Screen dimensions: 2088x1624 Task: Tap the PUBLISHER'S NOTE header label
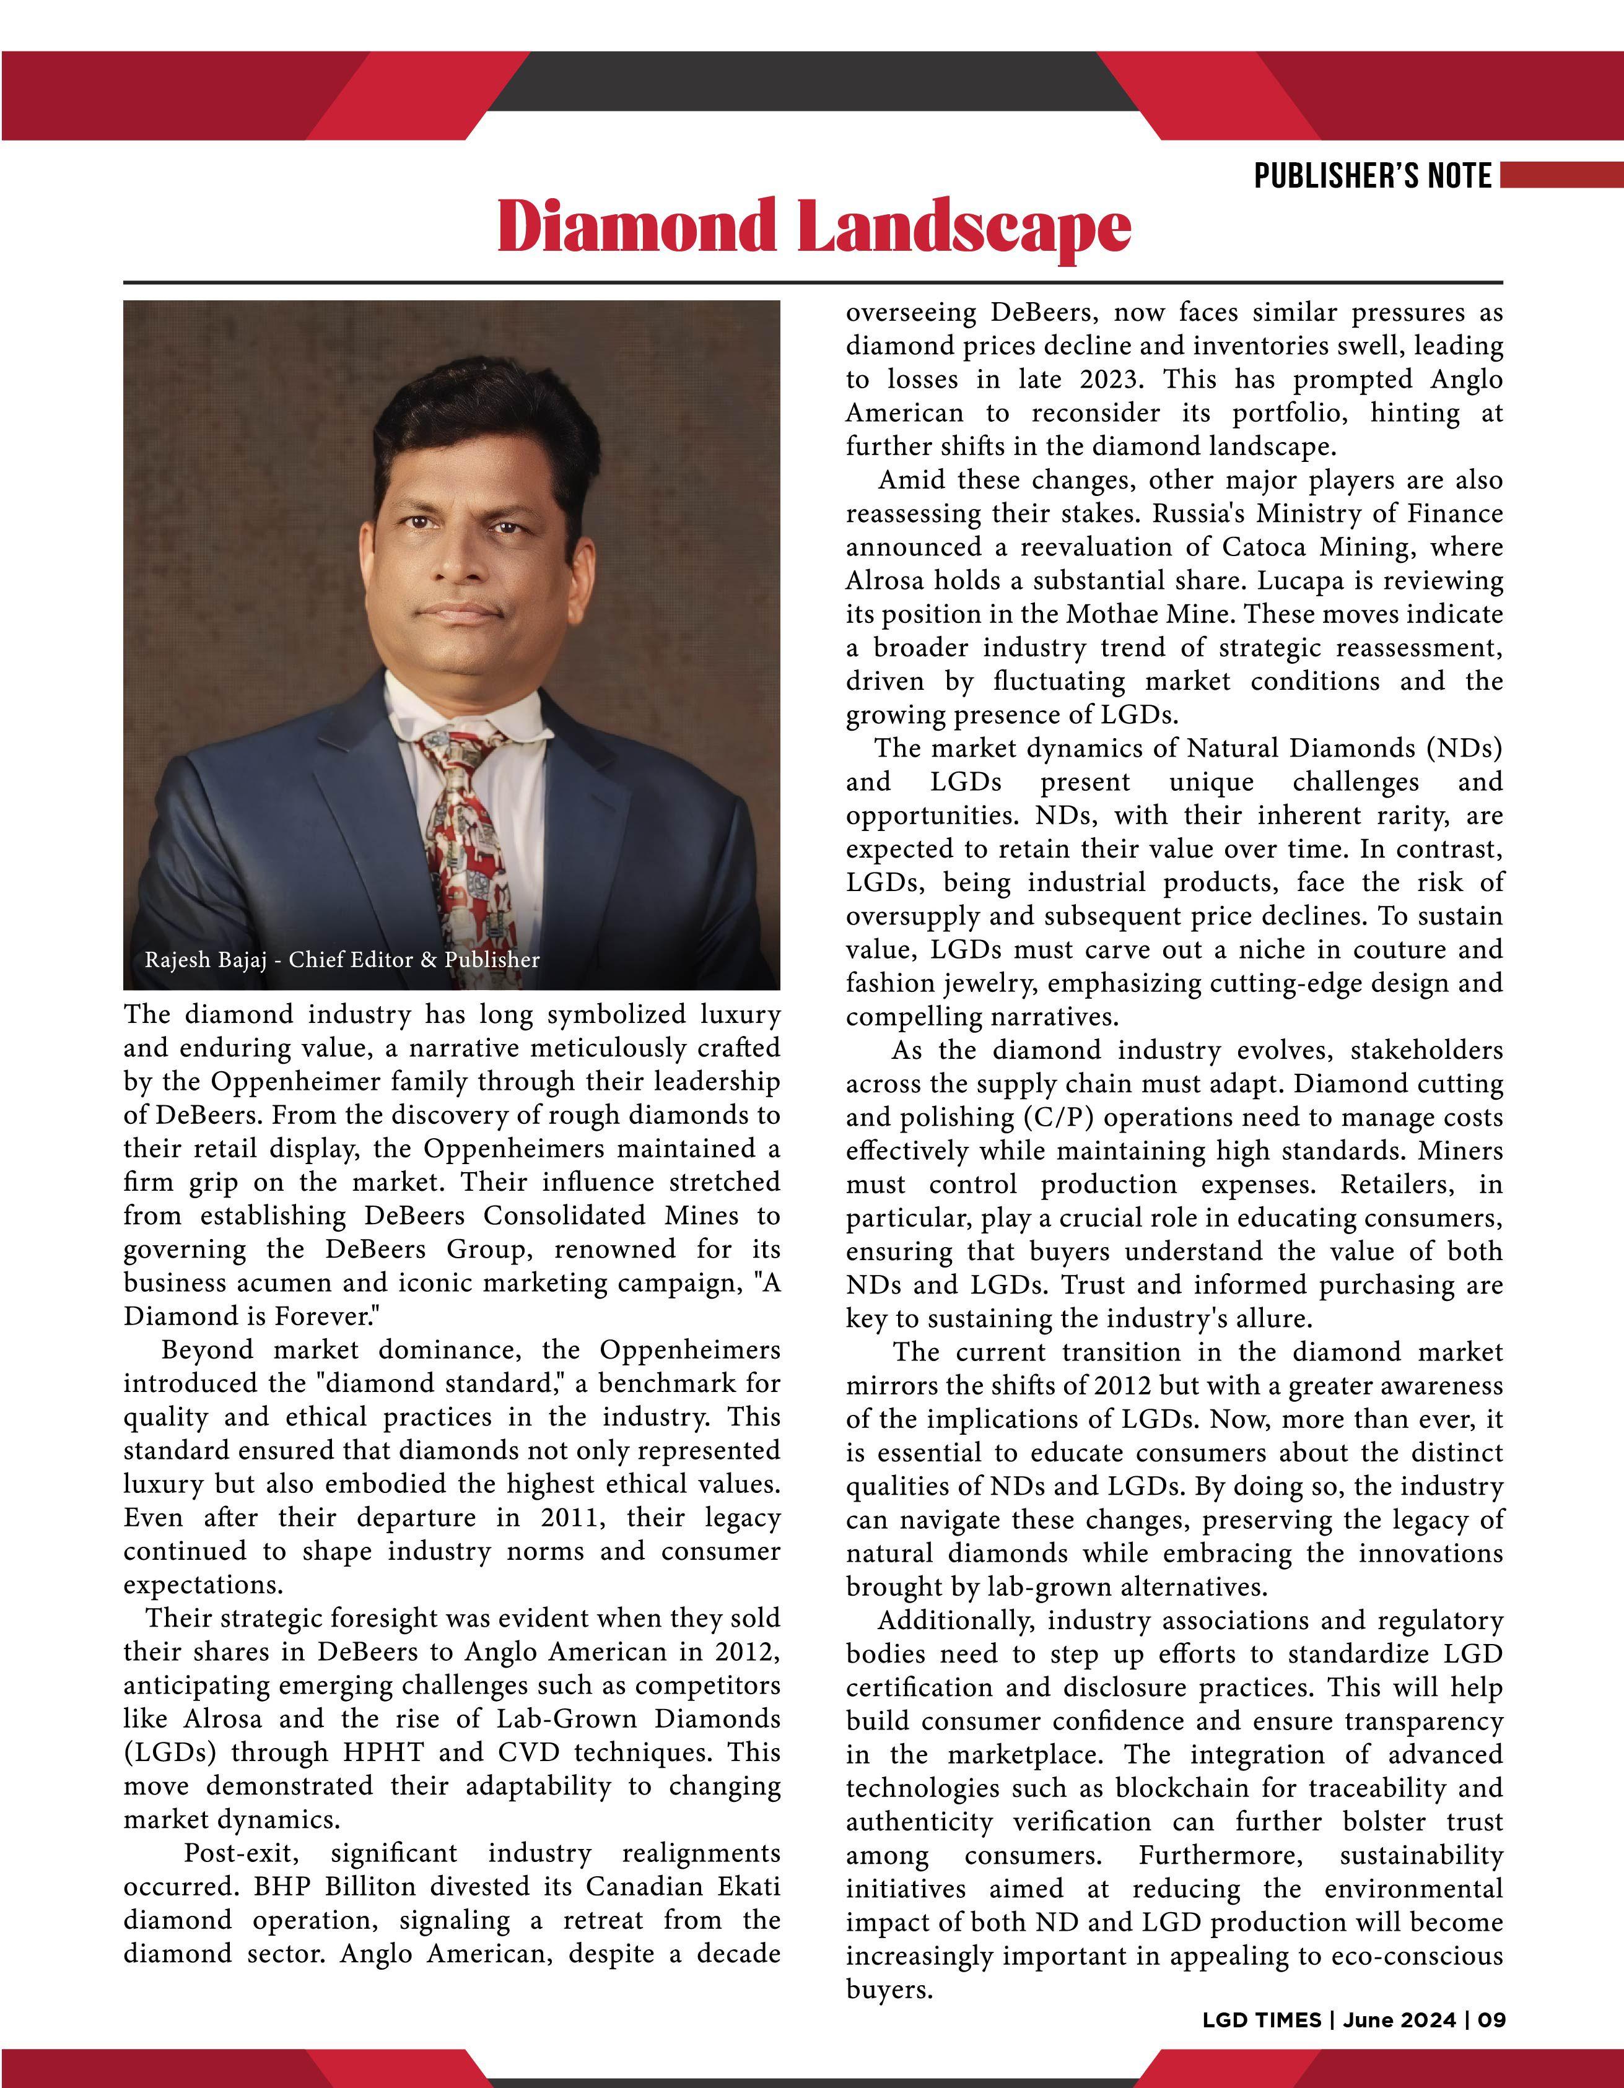tap(1373, 176)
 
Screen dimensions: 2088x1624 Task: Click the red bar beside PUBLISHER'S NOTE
tap(1561, 175)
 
